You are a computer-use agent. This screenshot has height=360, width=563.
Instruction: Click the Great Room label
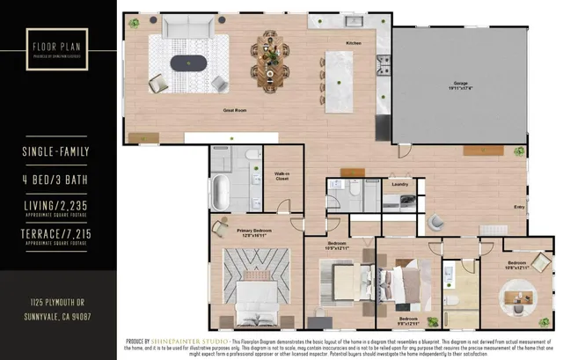[x=234, y=110]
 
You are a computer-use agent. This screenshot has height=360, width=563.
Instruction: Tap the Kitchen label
[x=353, y=42]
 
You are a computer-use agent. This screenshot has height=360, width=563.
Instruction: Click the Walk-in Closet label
[x=283, y=177]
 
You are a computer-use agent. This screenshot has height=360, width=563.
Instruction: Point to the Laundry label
[x=398, y=184]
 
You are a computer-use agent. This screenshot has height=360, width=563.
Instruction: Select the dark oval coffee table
[x=191, y=63]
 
